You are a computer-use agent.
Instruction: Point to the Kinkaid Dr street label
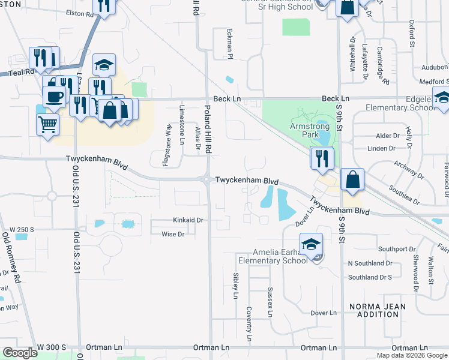point(188,221)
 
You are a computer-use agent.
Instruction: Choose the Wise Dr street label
point(173,235)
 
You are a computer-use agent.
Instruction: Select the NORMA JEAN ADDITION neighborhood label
point(378,310)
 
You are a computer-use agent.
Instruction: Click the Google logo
point(20,353)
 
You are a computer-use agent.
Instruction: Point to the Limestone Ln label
point(182,125)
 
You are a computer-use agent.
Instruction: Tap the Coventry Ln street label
point(249,325)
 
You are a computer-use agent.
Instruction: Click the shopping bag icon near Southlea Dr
point(352,179)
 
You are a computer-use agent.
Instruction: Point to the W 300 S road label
point(51,348)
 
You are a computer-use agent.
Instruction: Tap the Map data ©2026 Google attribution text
point(411,355)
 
